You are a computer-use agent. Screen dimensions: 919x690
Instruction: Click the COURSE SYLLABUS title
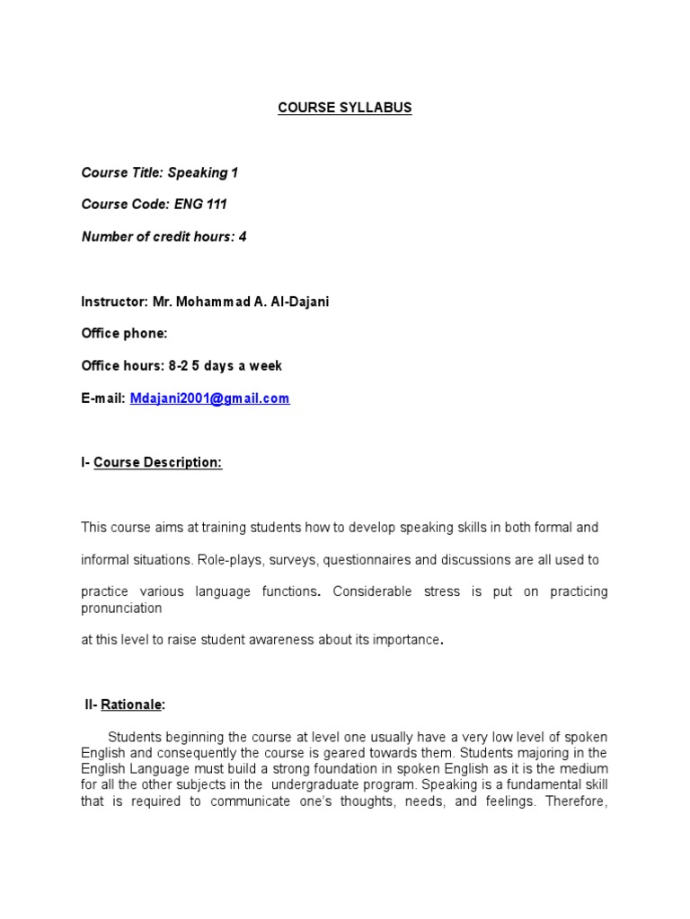coord(344,108)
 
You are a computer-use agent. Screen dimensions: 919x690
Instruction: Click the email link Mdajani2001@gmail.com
coord(209,398)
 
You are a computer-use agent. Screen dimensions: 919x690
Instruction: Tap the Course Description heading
coord(157,463)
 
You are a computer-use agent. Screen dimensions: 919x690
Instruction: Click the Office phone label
coord(124,334)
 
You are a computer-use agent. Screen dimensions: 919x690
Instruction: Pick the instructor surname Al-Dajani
coord(296,302)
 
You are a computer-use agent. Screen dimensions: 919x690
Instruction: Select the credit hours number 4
coord(242,237)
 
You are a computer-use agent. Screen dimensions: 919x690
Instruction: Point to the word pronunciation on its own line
coord(121,608)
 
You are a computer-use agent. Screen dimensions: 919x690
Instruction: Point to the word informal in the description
coord(106,560)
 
